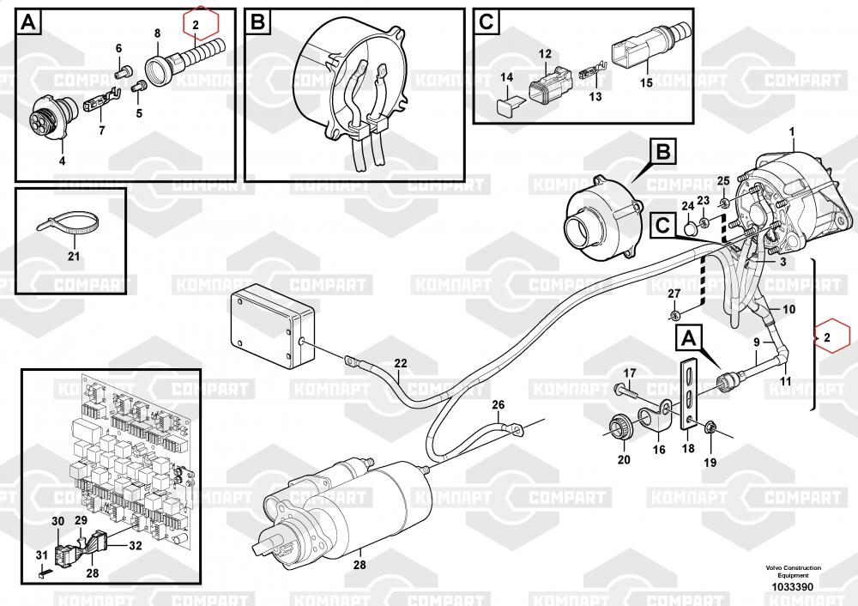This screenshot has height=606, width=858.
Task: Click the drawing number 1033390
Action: coord(792,587)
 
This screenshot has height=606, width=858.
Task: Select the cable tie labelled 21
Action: coord(67,227)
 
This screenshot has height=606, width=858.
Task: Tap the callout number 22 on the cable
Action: coord(401,363)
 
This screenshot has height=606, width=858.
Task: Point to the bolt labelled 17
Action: coord(625,391)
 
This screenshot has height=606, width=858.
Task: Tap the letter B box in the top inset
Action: coord(257,22)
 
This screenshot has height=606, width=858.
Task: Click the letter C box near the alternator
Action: coord(662,226)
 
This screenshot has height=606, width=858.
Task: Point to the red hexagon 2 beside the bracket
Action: coord(827,338)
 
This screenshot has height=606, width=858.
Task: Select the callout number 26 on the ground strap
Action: coord(498,404)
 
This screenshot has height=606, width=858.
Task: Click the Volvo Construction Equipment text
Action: coord(793,572)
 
